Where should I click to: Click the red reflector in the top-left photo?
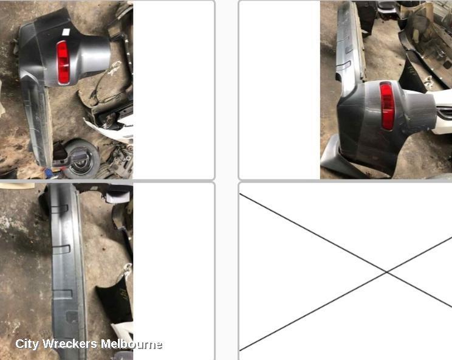pos(63,63)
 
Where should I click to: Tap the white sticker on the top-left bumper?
pos(66,32)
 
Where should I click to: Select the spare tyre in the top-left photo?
pos(81,159)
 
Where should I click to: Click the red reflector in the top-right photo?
pos(387,106)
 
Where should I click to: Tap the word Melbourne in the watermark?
pos(131,344)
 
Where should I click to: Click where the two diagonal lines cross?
pos(386,271)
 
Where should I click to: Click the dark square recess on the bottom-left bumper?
pos(72,317)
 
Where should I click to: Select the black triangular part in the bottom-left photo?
pos(112,303)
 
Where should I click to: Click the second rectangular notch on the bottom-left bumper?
pos(61,249)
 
